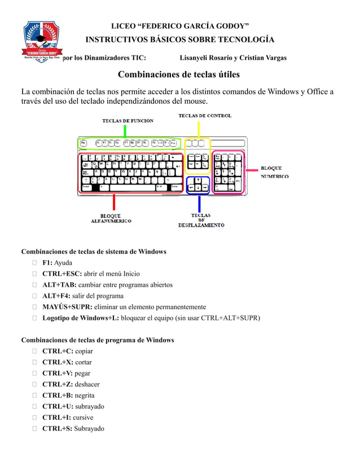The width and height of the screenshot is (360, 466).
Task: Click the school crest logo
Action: pos(42,41)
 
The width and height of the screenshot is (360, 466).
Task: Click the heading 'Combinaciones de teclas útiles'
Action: pos(178,74)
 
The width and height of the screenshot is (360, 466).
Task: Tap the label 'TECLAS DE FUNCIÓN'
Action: pos(128,121)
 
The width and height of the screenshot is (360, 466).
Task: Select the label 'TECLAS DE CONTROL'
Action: pos(205,116)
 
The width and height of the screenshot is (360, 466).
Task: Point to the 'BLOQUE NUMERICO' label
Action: pos(275,172)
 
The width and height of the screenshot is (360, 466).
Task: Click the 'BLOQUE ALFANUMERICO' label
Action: pos(111,218)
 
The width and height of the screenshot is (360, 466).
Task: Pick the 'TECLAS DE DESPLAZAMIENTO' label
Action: pos(201,220)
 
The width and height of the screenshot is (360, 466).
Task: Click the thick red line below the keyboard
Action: pos(114,202)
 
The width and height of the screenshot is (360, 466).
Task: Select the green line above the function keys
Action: pos(125,131)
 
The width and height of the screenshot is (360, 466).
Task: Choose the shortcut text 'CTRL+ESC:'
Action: pos(62,274)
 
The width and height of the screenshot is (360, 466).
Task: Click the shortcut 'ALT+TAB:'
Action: pos(59,284)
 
